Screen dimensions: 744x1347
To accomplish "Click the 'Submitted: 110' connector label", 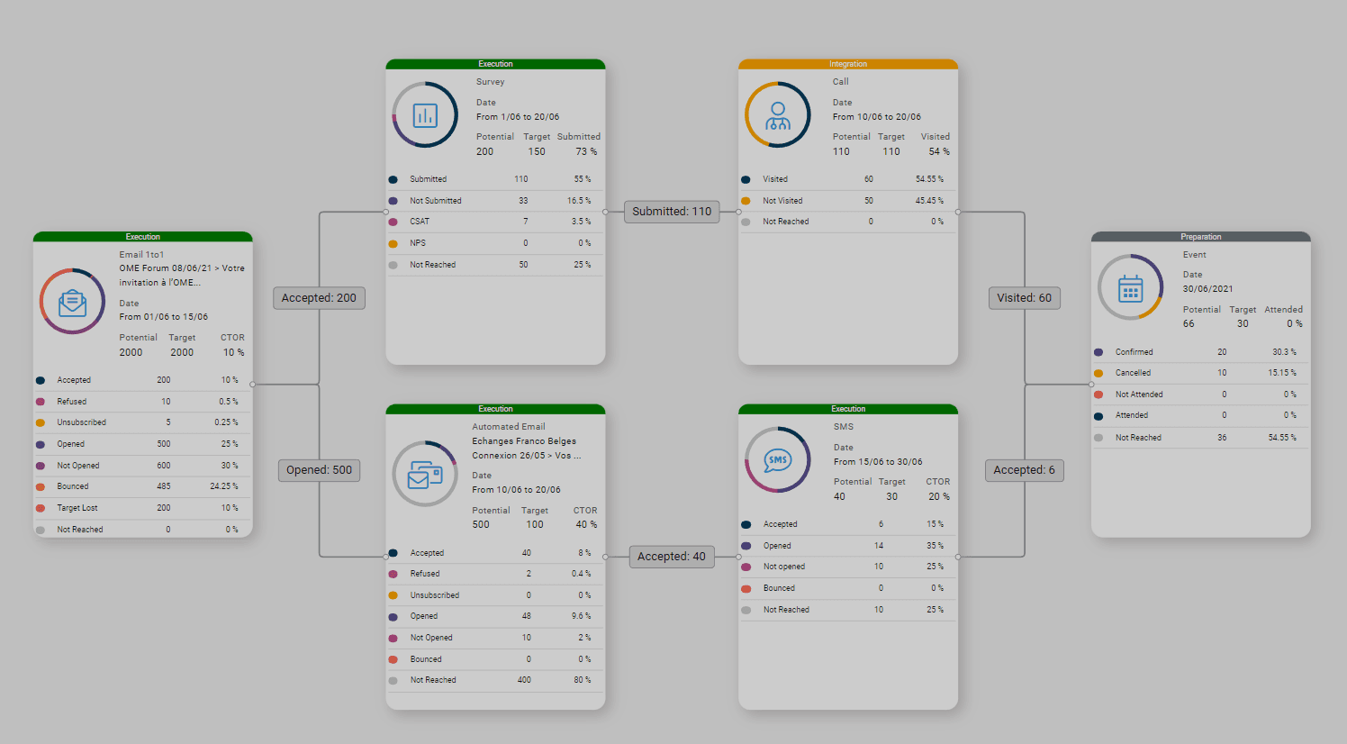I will (672, 212).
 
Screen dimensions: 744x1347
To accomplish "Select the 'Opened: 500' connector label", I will (319, 470).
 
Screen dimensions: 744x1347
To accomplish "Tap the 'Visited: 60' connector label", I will (1024, 298).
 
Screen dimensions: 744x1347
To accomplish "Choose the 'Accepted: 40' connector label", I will (672, 557).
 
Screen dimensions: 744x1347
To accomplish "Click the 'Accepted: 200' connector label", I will (319, 298).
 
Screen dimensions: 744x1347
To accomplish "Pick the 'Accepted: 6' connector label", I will (1024, 470).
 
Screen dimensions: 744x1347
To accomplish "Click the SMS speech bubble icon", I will (777, 460).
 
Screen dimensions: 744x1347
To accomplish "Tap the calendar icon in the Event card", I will (1130, 288).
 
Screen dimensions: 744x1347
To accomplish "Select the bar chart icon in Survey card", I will (425, 115).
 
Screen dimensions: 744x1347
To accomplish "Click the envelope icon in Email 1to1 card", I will (72, 303).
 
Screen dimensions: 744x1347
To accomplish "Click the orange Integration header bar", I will (848, 64).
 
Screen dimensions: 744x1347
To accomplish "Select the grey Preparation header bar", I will (1200, 237).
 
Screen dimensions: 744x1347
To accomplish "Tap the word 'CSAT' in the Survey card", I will (420, 222).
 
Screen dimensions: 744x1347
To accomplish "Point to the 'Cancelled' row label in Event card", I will (1133, 373).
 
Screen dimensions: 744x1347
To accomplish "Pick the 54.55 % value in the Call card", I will (929, 179).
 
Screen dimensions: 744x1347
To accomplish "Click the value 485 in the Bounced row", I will (163, 486).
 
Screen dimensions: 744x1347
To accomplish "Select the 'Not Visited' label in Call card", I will (782, 201).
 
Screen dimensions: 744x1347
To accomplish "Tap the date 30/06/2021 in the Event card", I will (1207, 289).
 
